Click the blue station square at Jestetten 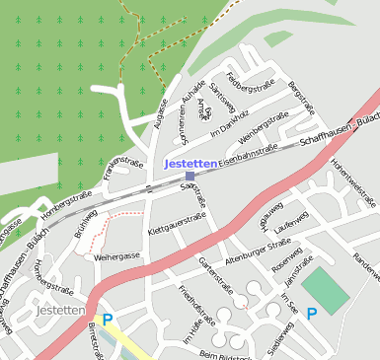[x=190, y=176]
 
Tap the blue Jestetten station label [x=190, y=163]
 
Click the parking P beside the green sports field [x=312, y=314]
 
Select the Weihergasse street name [x=117, y=256]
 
